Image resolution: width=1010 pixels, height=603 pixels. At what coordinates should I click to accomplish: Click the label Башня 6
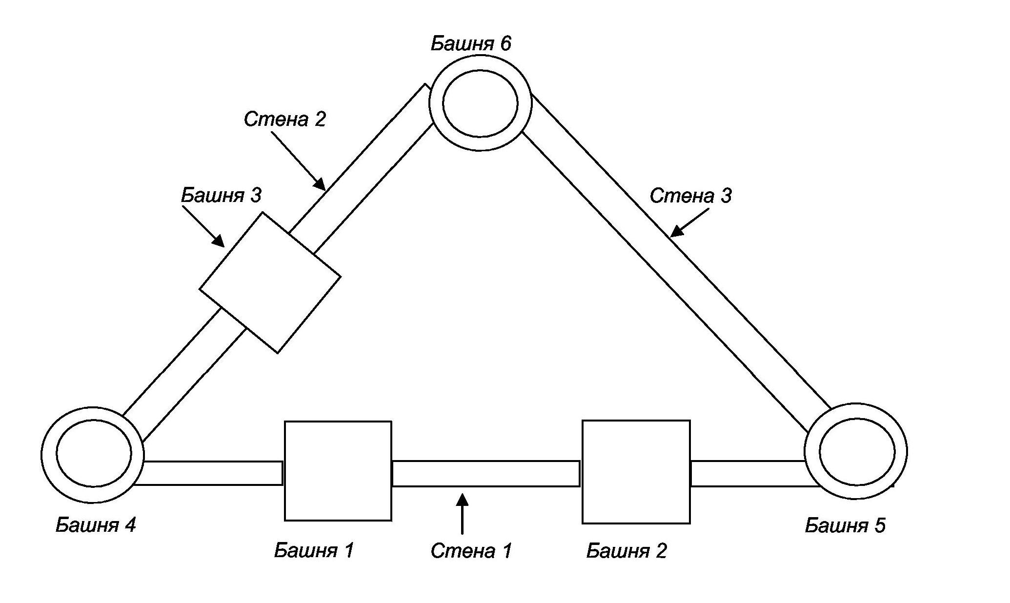(x=471, y=44)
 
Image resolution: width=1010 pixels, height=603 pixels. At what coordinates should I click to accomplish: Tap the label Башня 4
(x=96, y=525)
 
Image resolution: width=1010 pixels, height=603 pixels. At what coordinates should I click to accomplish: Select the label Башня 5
(x=845, y=525)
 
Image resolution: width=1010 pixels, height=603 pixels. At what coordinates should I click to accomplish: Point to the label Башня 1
(x=314, y=550)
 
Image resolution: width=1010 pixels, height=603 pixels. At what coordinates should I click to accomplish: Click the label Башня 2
(x=626, y=551)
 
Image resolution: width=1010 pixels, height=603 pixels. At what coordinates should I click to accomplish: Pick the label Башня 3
(x=221, y=195)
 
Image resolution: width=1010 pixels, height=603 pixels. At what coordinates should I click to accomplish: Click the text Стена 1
(x=471, y=551)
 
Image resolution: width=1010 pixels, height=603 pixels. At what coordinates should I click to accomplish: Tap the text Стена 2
(x=284, y=120)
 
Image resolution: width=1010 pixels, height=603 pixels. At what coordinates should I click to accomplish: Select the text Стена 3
(x=690, y=196)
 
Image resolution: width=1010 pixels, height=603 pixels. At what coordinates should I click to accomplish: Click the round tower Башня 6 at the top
(x=480, y=103)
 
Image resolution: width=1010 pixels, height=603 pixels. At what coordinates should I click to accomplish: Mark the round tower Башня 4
(x=93, y=454)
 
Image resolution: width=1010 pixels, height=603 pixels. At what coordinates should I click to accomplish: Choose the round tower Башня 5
(x=856, y=451)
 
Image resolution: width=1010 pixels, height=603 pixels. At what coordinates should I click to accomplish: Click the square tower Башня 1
(x=338, y=471)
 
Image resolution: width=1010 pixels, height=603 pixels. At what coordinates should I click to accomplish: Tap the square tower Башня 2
(x=636, y=472)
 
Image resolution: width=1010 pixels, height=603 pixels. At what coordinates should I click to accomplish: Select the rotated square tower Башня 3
(x=270, y=282)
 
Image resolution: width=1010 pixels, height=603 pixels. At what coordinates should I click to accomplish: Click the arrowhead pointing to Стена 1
(x=462, y=500)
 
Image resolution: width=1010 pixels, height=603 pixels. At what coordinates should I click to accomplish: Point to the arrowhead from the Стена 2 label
(x=320, y=184)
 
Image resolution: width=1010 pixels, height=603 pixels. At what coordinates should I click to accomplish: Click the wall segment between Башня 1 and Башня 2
(x=486, y=473)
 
